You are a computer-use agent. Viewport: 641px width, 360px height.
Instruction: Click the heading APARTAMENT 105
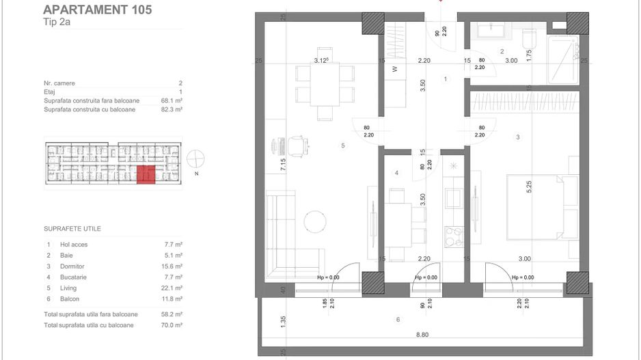click(x=98, y=10)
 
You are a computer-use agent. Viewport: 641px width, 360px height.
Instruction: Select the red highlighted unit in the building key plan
click(x=146, y=174)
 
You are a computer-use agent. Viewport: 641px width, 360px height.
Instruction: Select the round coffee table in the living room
click(x=316, y=221)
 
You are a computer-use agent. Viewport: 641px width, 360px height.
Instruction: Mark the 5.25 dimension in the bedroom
click(x=528, y=186)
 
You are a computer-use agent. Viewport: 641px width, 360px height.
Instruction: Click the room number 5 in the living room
click(x=343, y=145)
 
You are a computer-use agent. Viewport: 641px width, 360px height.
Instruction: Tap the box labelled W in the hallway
click(x=394, y=69)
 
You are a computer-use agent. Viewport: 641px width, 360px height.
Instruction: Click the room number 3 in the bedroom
click(x=518, y=137)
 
